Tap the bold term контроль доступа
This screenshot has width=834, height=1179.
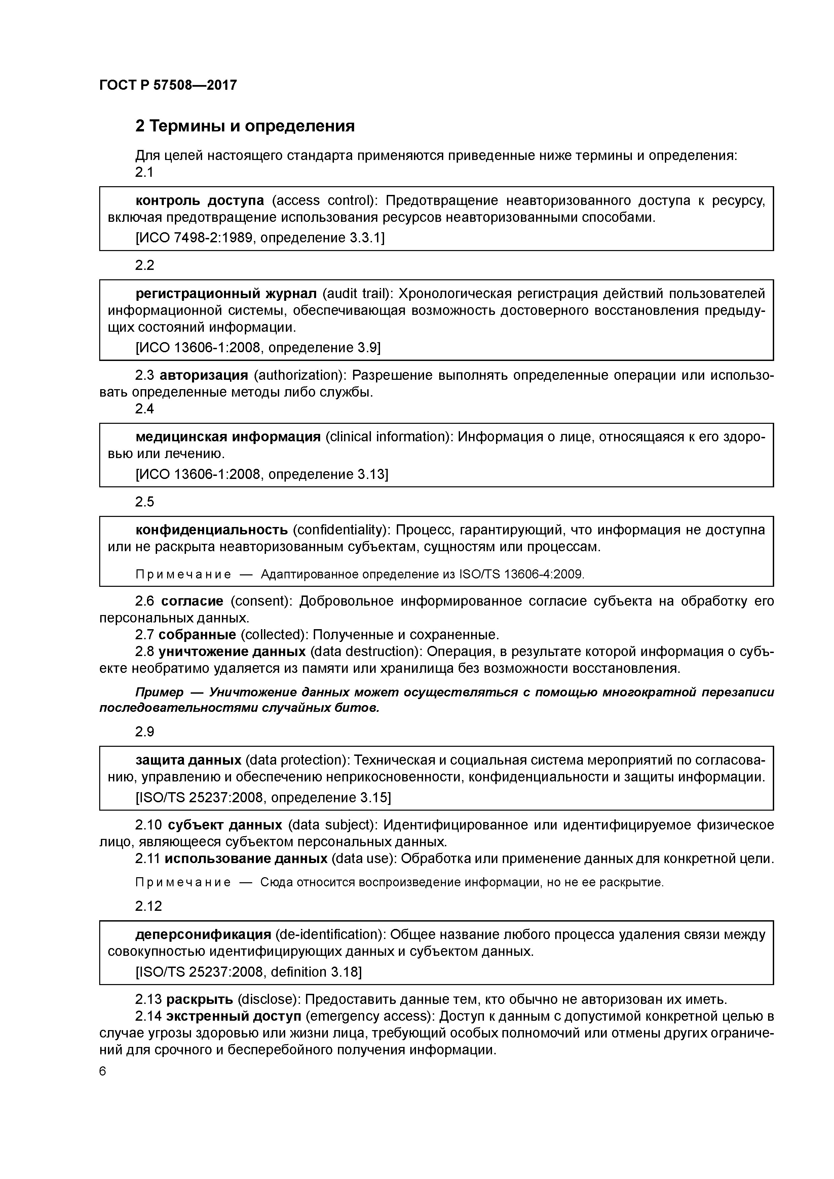click(x=200, y=200)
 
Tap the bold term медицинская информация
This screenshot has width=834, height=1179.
click(x=228, y=437)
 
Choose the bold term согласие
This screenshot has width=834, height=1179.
click(x=192, y=601)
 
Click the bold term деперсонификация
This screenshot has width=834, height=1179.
click(x=203, y=934)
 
